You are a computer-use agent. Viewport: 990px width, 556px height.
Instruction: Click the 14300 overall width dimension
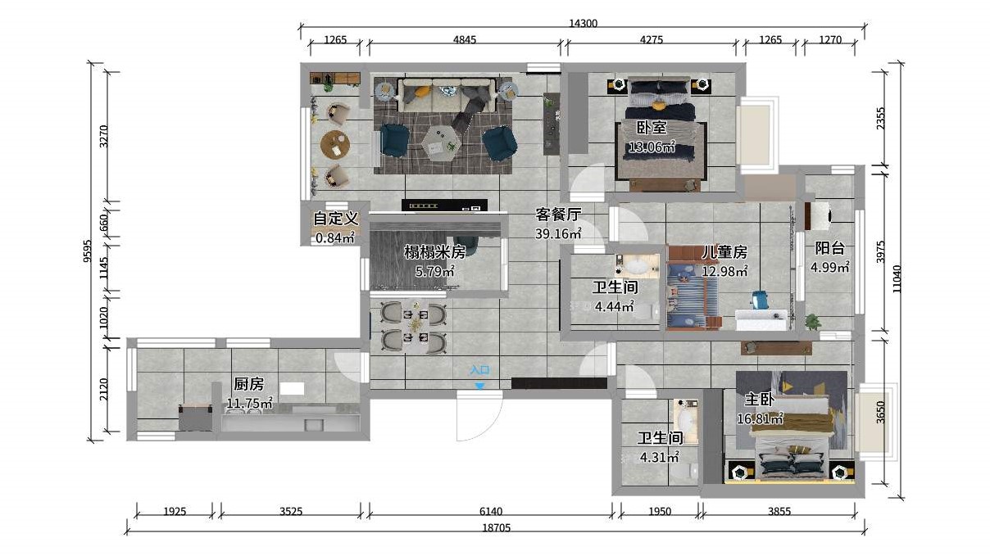pyautogui.click(x=583, y=24)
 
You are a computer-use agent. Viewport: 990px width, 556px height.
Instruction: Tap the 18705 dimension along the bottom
pyautogui.click(x=497, y=527)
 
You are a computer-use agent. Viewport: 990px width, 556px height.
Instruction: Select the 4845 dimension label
pyautogui.click(x=465, y=40)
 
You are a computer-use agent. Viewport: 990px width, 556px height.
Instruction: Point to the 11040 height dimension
pyautogui.click(x=897, y=278)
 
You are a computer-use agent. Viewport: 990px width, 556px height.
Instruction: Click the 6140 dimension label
pyautogui.click(x=491, y=512)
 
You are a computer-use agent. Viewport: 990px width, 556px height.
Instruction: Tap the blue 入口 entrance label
pyautogui.click(x=479, y=369)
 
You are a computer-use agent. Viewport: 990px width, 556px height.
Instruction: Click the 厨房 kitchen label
pyautogui.click(x=249, y=384)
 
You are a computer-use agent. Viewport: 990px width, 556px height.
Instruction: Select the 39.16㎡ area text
pyautogui.click(x=558, y=233)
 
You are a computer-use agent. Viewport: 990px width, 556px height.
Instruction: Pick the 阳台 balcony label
pyautogui.click(x=829, y=248)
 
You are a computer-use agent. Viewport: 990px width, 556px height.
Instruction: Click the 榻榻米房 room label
pyautogui.click(x=435, y=251)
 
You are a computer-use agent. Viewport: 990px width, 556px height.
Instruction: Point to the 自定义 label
pyautogui.click(x=335, y=219)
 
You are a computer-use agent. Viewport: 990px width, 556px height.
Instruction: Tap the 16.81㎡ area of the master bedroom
pyautogui.click(x=760, y=418)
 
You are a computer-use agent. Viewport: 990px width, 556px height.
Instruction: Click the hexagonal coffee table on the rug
pyautogui.click(x=439, y=142)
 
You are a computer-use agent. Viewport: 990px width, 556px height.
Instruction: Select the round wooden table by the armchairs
pyautogui.click(x=335, y=144)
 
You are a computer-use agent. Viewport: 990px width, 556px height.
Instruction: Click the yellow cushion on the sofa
pyautogui.click(x=423, y=91)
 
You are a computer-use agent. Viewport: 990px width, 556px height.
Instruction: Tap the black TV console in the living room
pyautogui.click(x=445, y=206)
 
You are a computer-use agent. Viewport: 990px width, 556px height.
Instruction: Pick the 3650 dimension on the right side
pyautogui.click(x=881, y=412)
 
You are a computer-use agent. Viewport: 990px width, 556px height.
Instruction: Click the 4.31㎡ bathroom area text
pyautogui.click(x=660, y=457)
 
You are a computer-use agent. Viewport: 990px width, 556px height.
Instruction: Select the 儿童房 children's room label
pyautogui.click(x=724, y=252)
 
